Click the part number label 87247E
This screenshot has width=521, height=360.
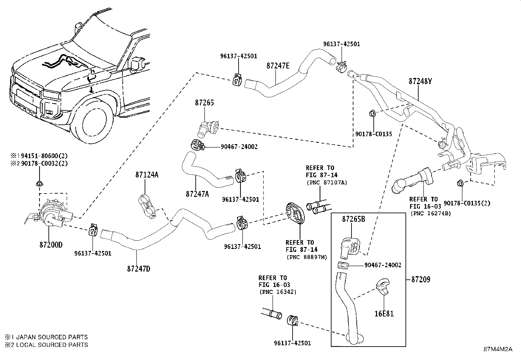click(x=278, y=66)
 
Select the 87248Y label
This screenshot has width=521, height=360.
click(x=420, y=81)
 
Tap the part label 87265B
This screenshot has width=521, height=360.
click(x=353, y=219)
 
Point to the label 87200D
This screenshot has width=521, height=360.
click(x=51, y=245)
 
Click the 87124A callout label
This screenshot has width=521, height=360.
click(x=147, y=175)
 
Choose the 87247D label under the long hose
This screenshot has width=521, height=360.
click(x=139, y=269)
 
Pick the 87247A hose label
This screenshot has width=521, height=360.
click(x=197, y=194)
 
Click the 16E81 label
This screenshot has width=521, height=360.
click(x=384, y=314)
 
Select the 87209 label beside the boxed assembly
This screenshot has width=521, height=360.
click(x=421, y=279)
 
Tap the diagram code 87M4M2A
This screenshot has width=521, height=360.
click(x=498, y=349)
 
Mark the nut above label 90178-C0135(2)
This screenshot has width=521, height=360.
click(x=460, y=183)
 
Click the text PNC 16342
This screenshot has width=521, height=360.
click(x=278, y=292)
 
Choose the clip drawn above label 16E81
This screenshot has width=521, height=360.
click(x=383, y=286)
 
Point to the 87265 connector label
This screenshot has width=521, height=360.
click(x=205, y=103)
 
